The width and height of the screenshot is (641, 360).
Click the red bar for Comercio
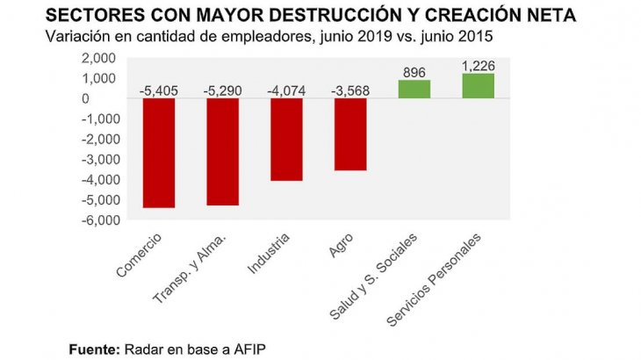[159, 153]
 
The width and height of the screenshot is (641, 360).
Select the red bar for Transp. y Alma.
[222, 151]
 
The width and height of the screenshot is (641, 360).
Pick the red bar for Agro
[349, 133]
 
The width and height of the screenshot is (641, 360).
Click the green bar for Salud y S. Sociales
[414, 89]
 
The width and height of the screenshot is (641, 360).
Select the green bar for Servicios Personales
[478, 86]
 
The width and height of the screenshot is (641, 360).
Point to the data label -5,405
[159, 90]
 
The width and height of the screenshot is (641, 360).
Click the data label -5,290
[222, 90]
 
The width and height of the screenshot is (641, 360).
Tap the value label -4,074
[286, 90]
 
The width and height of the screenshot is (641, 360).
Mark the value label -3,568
[349, 90]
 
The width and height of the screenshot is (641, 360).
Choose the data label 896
[414, 70]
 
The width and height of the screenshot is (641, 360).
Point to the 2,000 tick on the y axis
[98, 58]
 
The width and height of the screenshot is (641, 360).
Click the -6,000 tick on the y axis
[96, 220]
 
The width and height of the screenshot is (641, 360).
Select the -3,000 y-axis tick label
[96, 159]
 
